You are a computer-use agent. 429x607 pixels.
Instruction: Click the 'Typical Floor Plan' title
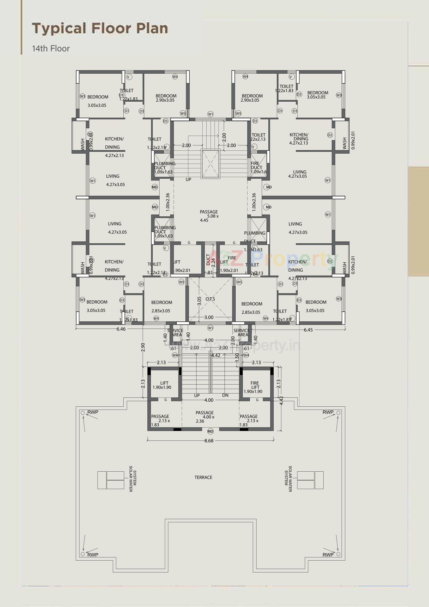(x=100, y=29)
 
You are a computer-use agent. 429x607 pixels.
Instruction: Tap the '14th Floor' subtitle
(x=51, y=49)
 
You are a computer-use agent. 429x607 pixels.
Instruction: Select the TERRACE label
(x=203, y=477)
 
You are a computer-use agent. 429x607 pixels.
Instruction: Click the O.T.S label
(x=210, y=299)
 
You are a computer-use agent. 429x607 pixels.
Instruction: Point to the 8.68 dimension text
(x=209, y=441)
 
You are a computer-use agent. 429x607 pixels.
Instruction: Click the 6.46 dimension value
(x=121, y=329)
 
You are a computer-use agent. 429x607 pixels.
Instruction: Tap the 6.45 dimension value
(x=308, y=330)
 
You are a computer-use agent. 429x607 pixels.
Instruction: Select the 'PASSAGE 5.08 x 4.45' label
(x=209, y=216)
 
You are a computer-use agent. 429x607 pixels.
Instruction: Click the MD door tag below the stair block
(x=210, y=431)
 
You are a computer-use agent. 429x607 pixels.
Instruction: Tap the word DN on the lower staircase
(x=225, y=395)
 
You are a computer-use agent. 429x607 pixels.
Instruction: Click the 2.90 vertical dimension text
(x=143, y=347)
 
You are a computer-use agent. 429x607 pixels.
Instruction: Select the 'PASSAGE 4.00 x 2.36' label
(x=205, y=417)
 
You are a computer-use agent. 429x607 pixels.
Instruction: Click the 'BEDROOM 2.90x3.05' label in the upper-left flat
(x=166, y=98)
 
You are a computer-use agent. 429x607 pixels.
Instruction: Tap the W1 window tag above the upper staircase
(x=210, y=114)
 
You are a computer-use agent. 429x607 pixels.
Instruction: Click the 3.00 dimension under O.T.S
(x=209, y=317)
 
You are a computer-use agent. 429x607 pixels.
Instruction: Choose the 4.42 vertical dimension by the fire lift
(x=281, y=401)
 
